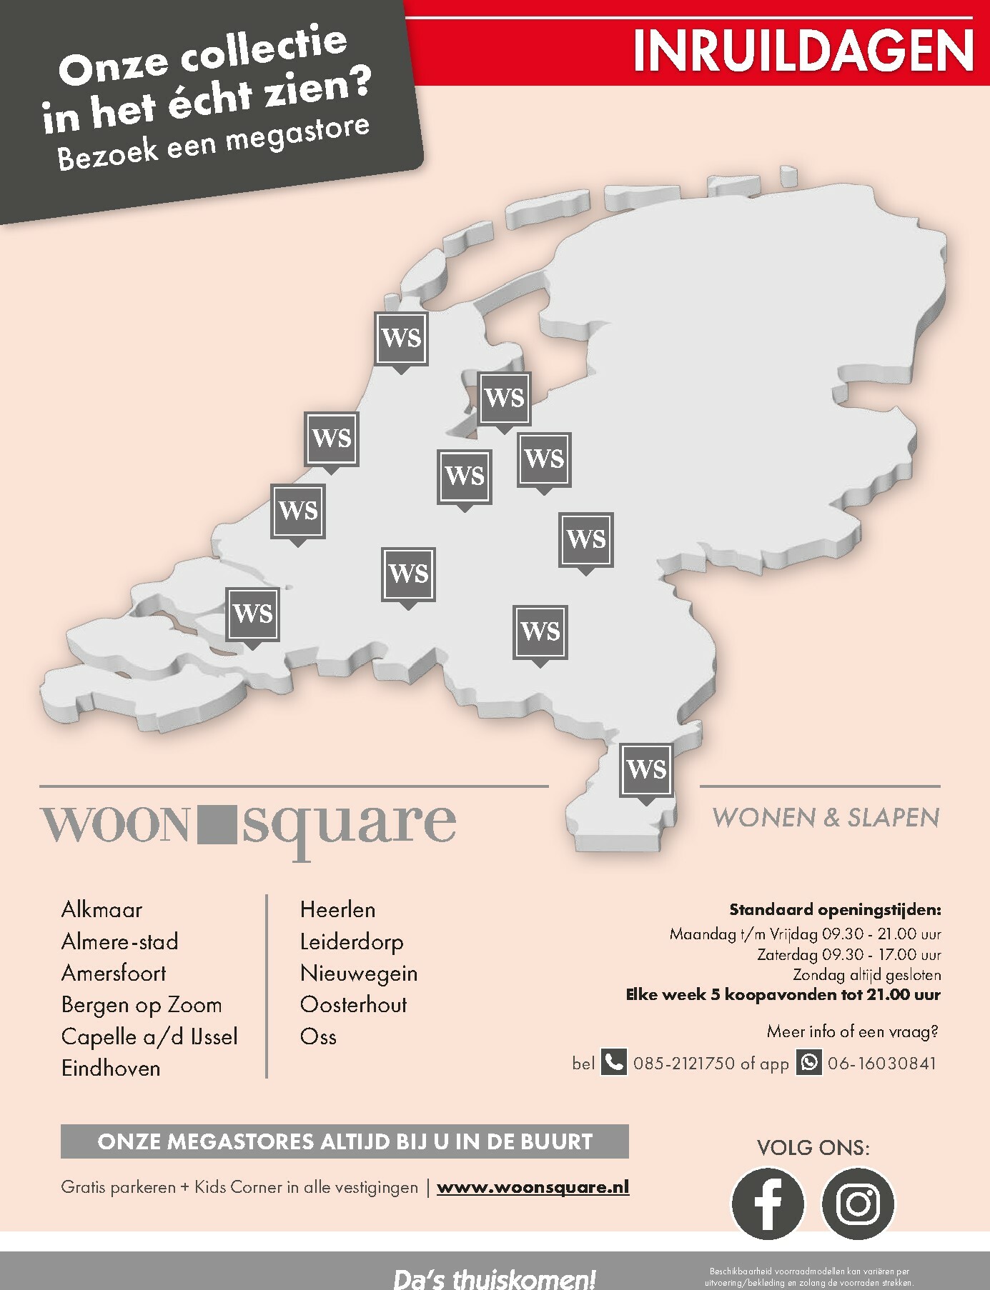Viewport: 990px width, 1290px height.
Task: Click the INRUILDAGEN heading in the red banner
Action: [x=803, y=51]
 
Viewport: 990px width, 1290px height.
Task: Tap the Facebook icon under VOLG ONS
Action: [x=768, y=1203]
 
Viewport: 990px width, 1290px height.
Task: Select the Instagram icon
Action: [x=858, y=1203]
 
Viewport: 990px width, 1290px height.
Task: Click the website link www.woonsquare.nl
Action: [x=533, y=1186]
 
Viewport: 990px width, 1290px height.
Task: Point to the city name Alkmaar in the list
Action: [x=102, y=909]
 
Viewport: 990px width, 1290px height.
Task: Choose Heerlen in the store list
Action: [x=337, y=909]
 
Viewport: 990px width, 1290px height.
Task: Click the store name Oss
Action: [x=318, y=1036]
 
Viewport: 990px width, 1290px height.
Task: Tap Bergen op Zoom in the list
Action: [x=142, y=1005]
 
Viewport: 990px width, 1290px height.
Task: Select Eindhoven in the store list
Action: [x=111, y=1068]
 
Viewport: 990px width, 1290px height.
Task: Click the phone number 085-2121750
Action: [x=683, y=1063]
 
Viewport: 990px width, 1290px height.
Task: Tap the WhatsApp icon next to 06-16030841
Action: [x=809, y=1062]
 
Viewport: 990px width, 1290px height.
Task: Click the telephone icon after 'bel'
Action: [x=613, y=1062]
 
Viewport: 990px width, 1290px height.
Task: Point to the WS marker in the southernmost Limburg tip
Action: [x=646, y=769]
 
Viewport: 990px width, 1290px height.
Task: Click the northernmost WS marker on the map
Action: [x=401, y=338]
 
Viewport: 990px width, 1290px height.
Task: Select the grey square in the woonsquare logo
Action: [x=216, y=824]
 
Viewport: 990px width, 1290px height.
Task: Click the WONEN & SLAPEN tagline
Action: [x=826, y=817]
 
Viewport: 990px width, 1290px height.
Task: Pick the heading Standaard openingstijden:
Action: [x=835, y=909]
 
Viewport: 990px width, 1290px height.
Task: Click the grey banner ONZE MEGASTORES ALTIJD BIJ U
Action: [x=345, y=1141]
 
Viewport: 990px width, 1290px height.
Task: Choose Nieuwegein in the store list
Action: [x=359, y=973]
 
